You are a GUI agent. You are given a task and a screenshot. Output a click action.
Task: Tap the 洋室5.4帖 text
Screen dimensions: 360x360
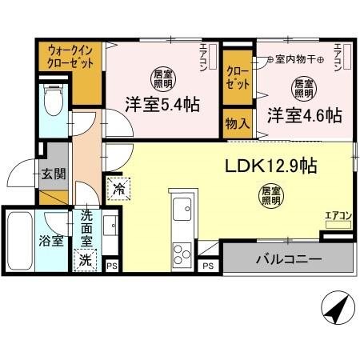tap(162, 104)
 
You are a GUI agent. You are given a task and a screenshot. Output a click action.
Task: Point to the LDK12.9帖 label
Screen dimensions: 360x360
tap(271, 166)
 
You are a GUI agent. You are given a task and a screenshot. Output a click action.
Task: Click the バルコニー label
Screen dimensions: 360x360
tap(289, 259)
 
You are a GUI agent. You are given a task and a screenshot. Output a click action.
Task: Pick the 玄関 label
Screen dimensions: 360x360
tap(53, 174)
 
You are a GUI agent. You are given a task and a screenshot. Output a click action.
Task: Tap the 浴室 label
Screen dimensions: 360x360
tap(52, 241)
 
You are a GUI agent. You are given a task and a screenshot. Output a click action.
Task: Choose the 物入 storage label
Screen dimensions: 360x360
tap(237, 124)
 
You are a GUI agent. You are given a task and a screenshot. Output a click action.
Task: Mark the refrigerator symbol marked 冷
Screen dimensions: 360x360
tap(118, 189)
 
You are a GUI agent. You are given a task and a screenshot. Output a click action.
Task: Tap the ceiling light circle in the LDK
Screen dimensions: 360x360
tap(270, 197)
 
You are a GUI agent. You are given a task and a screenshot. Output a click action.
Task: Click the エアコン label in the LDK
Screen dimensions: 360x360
tap(337, 214)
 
